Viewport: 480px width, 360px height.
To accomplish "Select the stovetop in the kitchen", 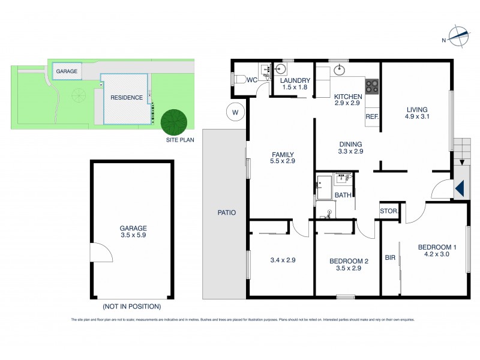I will (x=372, y=87).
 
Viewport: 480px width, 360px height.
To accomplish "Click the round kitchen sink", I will (x=339, y=70).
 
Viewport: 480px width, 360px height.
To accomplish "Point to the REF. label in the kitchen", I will (x=371, y=116).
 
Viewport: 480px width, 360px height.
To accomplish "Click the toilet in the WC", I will (x=239, y=79).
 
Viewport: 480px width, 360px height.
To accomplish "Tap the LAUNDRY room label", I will (x=294, y=81).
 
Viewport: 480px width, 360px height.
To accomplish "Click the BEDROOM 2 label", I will (x=348, y=261).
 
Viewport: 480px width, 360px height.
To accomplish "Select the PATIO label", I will (x=227, y=212).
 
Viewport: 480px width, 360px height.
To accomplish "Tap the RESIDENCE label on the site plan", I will (x=126, y=97).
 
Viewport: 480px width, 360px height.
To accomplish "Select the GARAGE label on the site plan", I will (x=67, y=71).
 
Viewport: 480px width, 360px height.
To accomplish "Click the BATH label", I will (x=343, y=195).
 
